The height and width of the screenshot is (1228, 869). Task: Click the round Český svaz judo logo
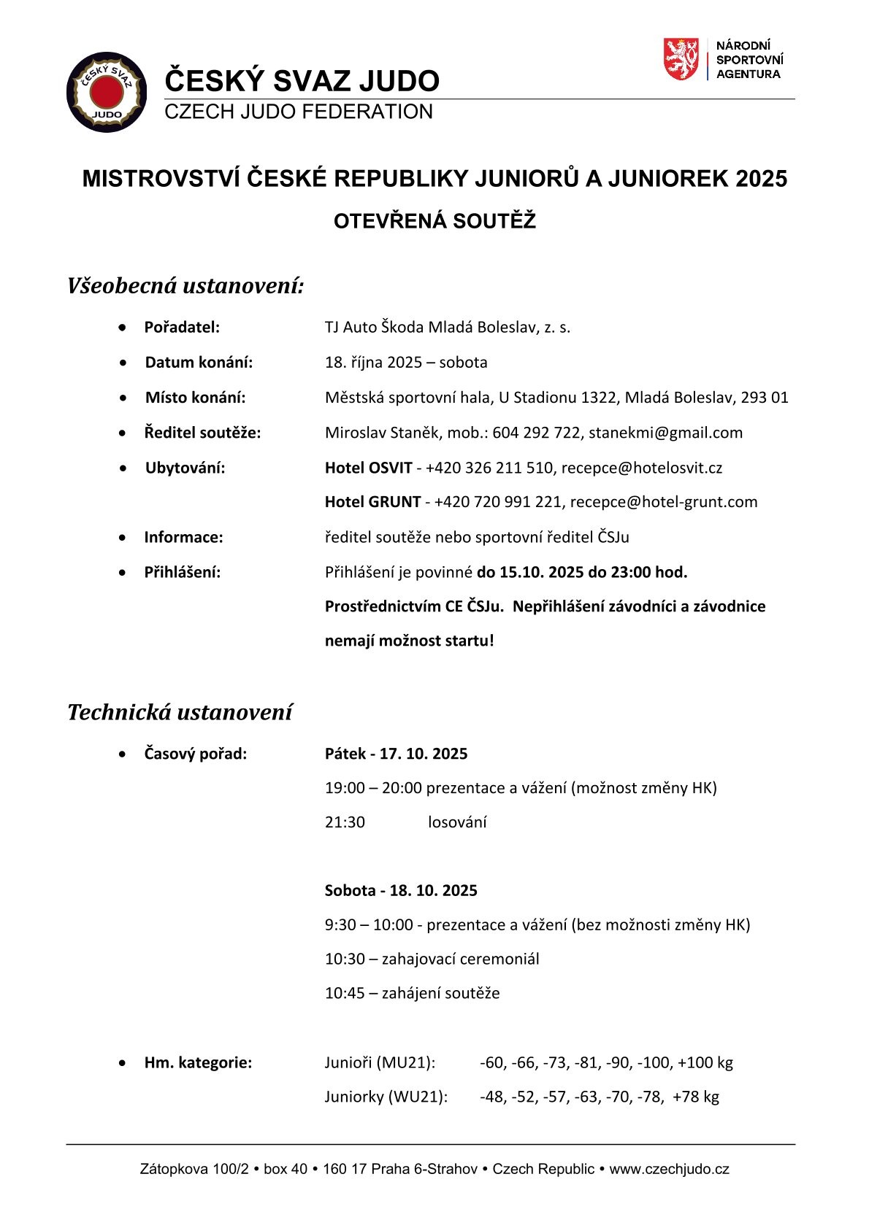pyautogui.click(x=107, y=92)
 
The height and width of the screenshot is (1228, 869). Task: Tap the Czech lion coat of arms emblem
pyautogui.click(x=681, y=60)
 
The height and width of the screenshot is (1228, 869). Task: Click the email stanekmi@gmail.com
pyautogui.click(x=665, y=433)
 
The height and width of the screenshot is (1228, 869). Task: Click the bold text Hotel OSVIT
pyautogui.click(x=368, y=468)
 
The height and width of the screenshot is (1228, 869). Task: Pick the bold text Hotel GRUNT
pyautogui.click(x=372, y=502)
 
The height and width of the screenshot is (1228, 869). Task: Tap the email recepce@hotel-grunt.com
pyautogui.click(x=663, y=502)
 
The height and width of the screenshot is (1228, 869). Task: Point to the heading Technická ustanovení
pyautogui.click(x=180, y=712)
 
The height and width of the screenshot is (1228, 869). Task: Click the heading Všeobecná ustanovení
pyautogui.click(x=185, y=285)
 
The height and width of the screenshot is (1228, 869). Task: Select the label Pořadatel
pyautogui.click(x=182, y=328)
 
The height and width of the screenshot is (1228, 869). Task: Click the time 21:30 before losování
pyautogui.click(x=345, y=822)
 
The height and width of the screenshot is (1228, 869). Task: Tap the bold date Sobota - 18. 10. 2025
pyautogui.click(x=401, y=891)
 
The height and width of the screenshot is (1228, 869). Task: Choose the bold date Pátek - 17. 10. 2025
pyautogui.click(x=396, y=754)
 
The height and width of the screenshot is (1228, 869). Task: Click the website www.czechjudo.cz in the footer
pyautogui.click(x=669, y=1169)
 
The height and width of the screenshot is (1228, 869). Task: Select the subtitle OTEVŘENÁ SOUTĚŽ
pyautogui.click(x=434, y=221)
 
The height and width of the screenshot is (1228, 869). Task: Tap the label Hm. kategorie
pyautogui.click(x=198, y=1062)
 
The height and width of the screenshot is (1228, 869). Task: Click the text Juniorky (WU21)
pyautogui.click(x=386, y=1097)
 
